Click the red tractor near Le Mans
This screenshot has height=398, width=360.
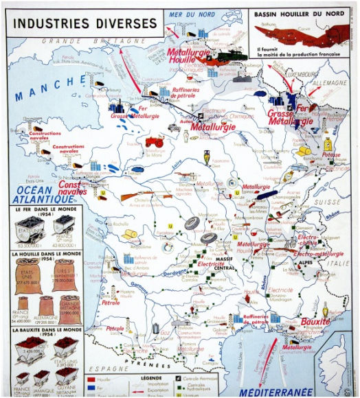tap(155, 142)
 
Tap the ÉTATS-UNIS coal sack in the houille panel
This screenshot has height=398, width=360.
tap(27, 274)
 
